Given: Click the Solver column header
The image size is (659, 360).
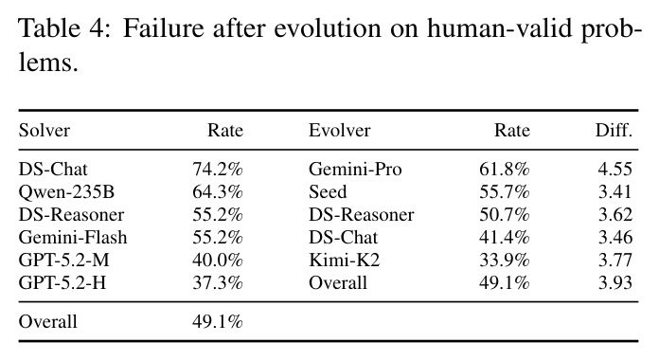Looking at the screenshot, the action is click(x=45, y=131).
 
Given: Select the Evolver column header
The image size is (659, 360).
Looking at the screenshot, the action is click(x=340, y=131).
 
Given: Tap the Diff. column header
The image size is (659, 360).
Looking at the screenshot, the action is click(x=614, y=131).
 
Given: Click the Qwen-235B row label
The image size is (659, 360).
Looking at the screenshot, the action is click(x=66, y=191).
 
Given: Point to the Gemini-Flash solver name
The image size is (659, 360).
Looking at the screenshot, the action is click(x=73, y=237).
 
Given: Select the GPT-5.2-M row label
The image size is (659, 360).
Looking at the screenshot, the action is click(x=63, y=260).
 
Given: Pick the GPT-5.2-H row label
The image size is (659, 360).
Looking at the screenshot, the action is click(x=62, y=282).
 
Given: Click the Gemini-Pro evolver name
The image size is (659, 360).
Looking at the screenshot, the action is click(x=355, y=169).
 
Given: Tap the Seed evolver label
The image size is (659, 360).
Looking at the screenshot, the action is click(x=328, y=191).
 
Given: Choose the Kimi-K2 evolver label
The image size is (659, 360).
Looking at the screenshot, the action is click(x=345, y=260).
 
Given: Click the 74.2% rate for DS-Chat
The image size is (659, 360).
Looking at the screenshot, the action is click(x=218, y=169).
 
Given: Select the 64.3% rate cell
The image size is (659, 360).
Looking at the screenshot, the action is click(x=218, y=191).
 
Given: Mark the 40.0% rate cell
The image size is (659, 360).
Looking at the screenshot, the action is click(x=218, y=260).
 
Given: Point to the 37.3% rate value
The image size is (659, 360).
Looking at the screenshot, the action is click(x=218, y=282).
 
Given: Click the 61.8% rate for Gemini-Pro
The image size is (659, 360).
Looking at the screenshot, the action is click(x=505, y=169).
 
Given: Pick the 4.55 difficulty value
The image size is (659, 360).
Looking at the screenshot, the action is click(x=615, y=169).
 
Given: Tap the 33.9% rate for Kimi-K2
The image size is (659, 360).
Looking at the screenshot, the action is click(x=505, y=260).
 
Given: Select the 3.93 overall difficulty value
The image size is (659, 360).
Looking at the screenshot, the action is click(x=615, y=282).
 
